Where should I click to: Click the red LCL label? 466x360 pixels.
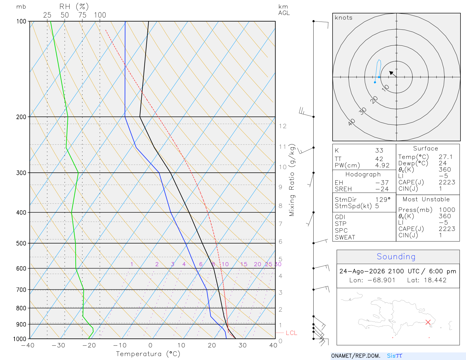291,333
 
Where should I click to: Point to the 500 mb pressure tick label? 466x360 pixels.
21,243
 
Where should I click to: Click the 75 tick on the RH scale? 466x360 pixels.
82,15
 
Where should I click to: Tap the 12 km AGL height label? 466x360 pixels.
283,126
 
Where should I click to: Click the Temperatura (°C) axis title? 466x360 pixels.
148,354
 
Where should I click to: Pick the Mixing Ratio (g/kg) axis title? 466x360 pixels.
292,180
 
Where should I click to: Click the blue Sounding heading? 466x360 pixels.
396,256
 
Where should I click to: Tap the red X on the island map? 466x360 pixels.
428,322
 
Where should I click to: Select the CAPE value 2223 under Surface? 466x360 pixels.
447,182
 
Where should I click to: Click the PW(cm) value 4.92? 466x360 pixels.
382,165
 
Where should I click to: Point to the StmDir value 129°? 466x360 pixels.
383,200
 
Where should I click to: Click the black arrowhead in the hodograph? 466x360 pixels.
391,73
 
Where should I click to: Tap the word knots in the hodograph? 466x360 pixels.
343,17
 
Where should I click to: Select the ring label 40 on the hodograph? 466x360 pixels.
352,122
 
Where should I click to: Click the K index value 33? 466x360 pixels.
379,150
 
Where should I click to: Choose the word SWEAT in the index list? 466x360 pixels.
345,237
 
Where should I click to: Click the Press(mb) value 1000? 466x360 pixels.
447,209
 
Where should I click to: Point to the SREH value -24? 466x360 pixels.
382,189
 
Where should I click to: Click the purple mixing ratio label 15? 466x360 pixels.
243,264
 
